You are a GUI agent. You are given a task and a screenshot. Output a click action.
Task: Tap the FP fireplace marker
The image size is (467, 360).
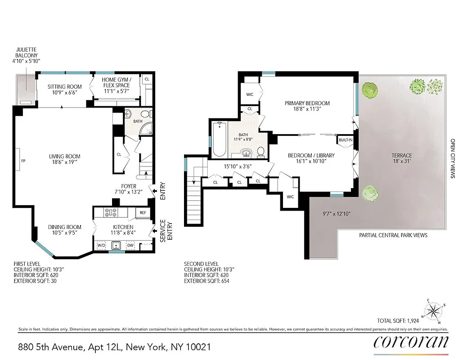pyautogui.click(x=22, y=160)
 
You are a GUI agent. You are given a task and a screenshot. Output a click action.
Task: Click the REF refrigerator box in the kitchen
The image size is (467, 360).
pyautogui.click(x=143, y=213)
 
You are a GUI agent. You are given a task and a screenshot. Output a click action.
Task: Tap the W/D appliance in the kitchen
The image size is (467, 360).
pyautogui.click(x=101, y=245)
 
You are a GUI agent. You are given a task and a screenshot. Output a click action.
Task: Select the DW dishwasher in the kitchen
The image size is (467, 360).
pyautogui.click(x=130, y=245)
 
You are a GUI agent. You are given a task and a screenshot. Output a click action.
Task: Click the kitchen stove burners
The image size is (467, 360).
pyautogui.click(x=111, y=212)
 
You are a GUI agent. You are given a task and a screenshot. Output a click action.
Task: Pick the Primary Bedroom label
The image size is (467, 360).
pyautogui.click(x=307, y=106)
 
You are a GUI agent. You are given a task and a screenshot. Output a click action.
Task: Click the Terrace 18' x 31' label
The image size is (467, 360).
pyautogui.click(x=402, y=159)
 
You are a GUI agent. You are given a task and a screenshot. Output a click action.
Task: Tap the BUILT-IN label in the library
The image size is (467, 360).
pyautogui.click(x=345, y=140)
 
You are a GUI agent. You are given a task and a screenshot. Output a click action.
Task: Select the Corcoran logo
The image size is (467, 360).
pyautogui.click(x=411, y=342)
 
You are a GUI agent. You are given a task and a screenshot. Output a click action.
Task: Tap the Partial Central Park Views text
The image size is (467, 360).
pyautogui.click(x=393, y=235)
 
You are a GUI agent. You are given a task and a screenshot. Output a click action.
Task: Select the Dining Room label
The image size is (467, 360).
pyautogui.click(x=65, y=230)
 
